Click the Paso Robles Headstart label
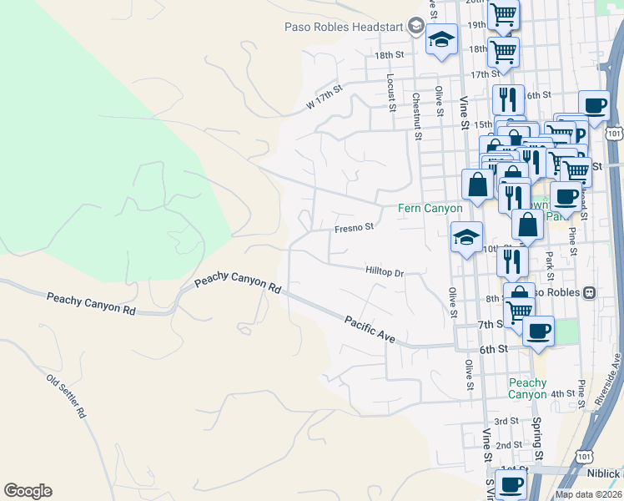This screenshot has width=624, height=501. pyautogui.click(x=343, y=27)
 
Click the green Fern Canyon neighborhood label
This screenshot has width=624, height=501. pyautogui.click(x=430, y=208)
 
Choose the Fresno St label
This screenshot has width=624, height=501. pyautogui.click(x=354, y=226)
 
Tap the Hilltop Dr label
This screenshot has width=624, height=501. pyautogui.click(x=385, y=272)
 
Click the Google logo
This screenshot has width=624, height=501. pyautogui.click(x=28, y=491)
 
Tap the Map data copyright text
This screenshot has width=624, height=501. pyautogui.click(x=588, y=494)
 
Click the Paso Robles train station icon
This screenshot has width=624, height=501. pyautogui.click(x=589, y=292)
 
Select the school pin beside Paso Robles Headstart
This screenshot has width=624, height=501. pyautogui.click(x=441, y=39)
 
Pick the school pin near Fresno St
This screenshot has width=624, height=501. pyautogui.click(x=466, y=236)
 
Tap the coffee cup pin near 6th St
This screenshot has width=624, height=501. pyautogui.click(x=538, y=330)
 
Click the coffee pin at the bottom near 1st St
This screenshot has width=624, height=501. pyautogui.click(x=511, y=485)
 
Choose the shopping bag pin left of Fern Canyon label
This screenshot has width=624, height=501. pyautogui.click(x=477, y=185)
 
